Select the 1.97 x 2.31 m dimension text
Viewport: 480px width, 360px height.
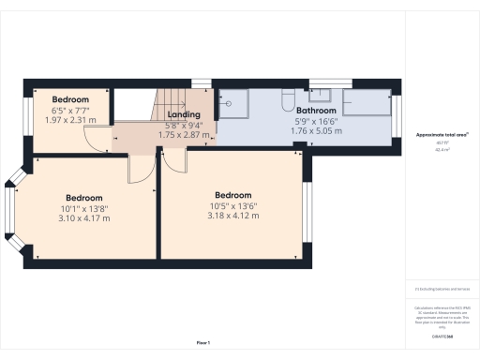coord(70,120)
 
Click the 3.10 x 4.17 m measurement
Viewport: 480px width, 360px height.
coord(83,217)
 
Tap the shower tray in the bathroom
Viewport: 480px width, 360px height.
coord(236,104)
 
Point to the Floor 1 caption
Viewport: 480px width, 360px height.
coord(202,343)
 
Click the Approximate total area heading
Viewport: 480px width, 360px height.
coord(442,135)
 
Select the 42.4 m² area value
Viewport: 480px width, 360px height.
coord(442,150)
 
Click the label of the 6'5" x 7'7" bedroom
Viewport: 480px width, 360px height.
coord(70,99)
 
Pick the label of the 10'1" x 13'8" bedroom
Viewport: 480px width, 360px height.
coord(83,198)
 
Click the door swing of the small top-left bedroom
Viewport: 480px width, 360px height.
coord(97,139)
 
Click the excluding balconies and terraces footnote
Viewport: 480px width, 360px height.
coord(441,290)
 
